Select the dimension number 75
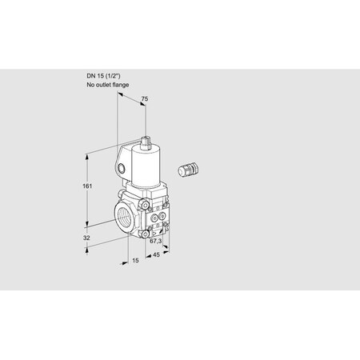click(x=145, y=100)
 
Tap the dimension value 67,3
click(x=157, y=241)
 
